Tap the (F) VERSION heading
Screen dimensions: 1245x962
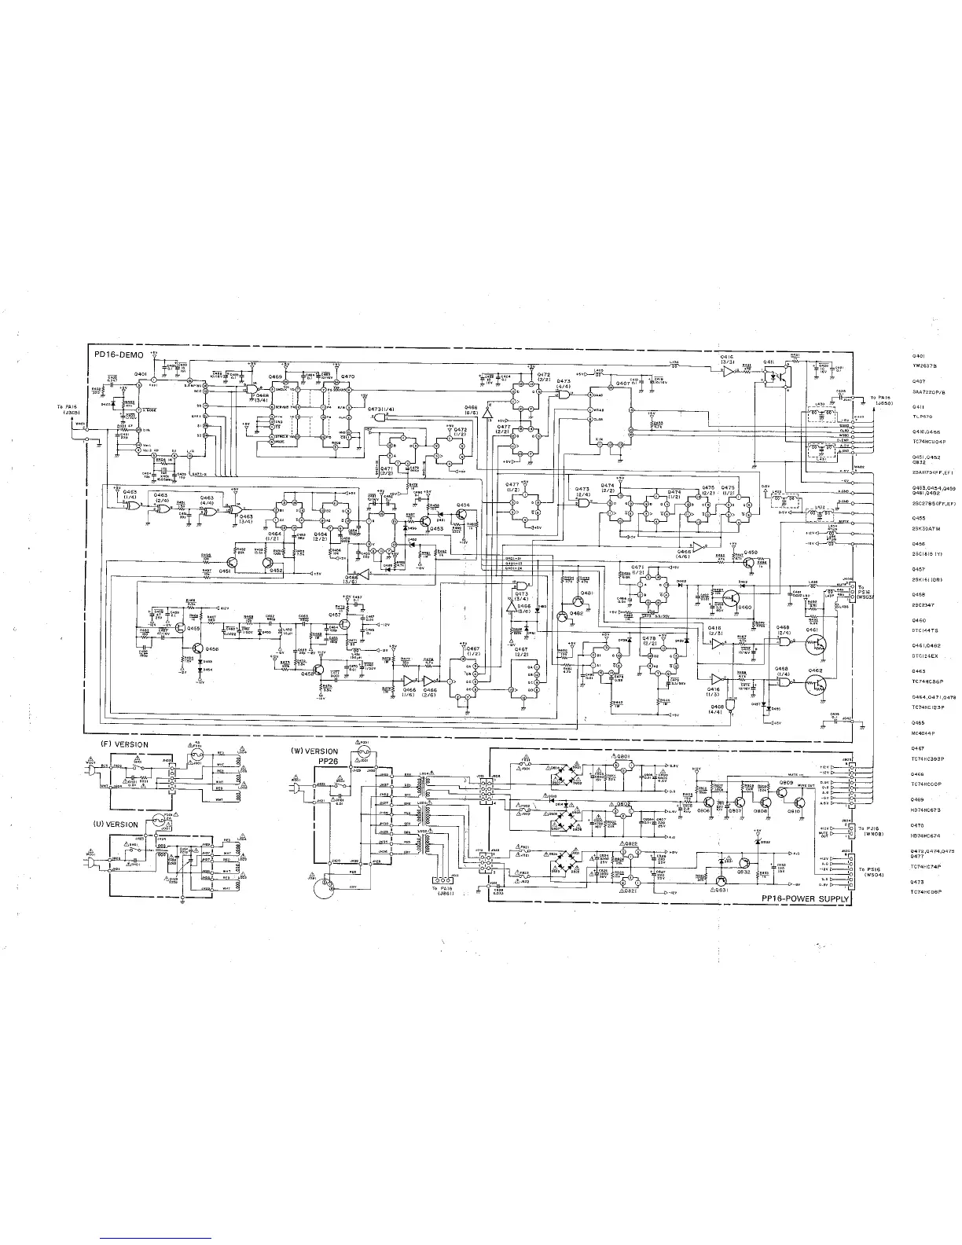[123, 744]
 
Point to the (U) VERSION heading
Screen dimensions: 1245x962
[116, 824]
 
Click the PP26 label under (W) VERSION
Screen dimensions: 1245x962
[327, 761]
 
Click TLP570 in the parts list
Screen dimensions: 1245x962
[922, 417]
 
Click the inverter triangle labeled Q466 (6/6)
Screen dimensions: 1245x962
[487, 409]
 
